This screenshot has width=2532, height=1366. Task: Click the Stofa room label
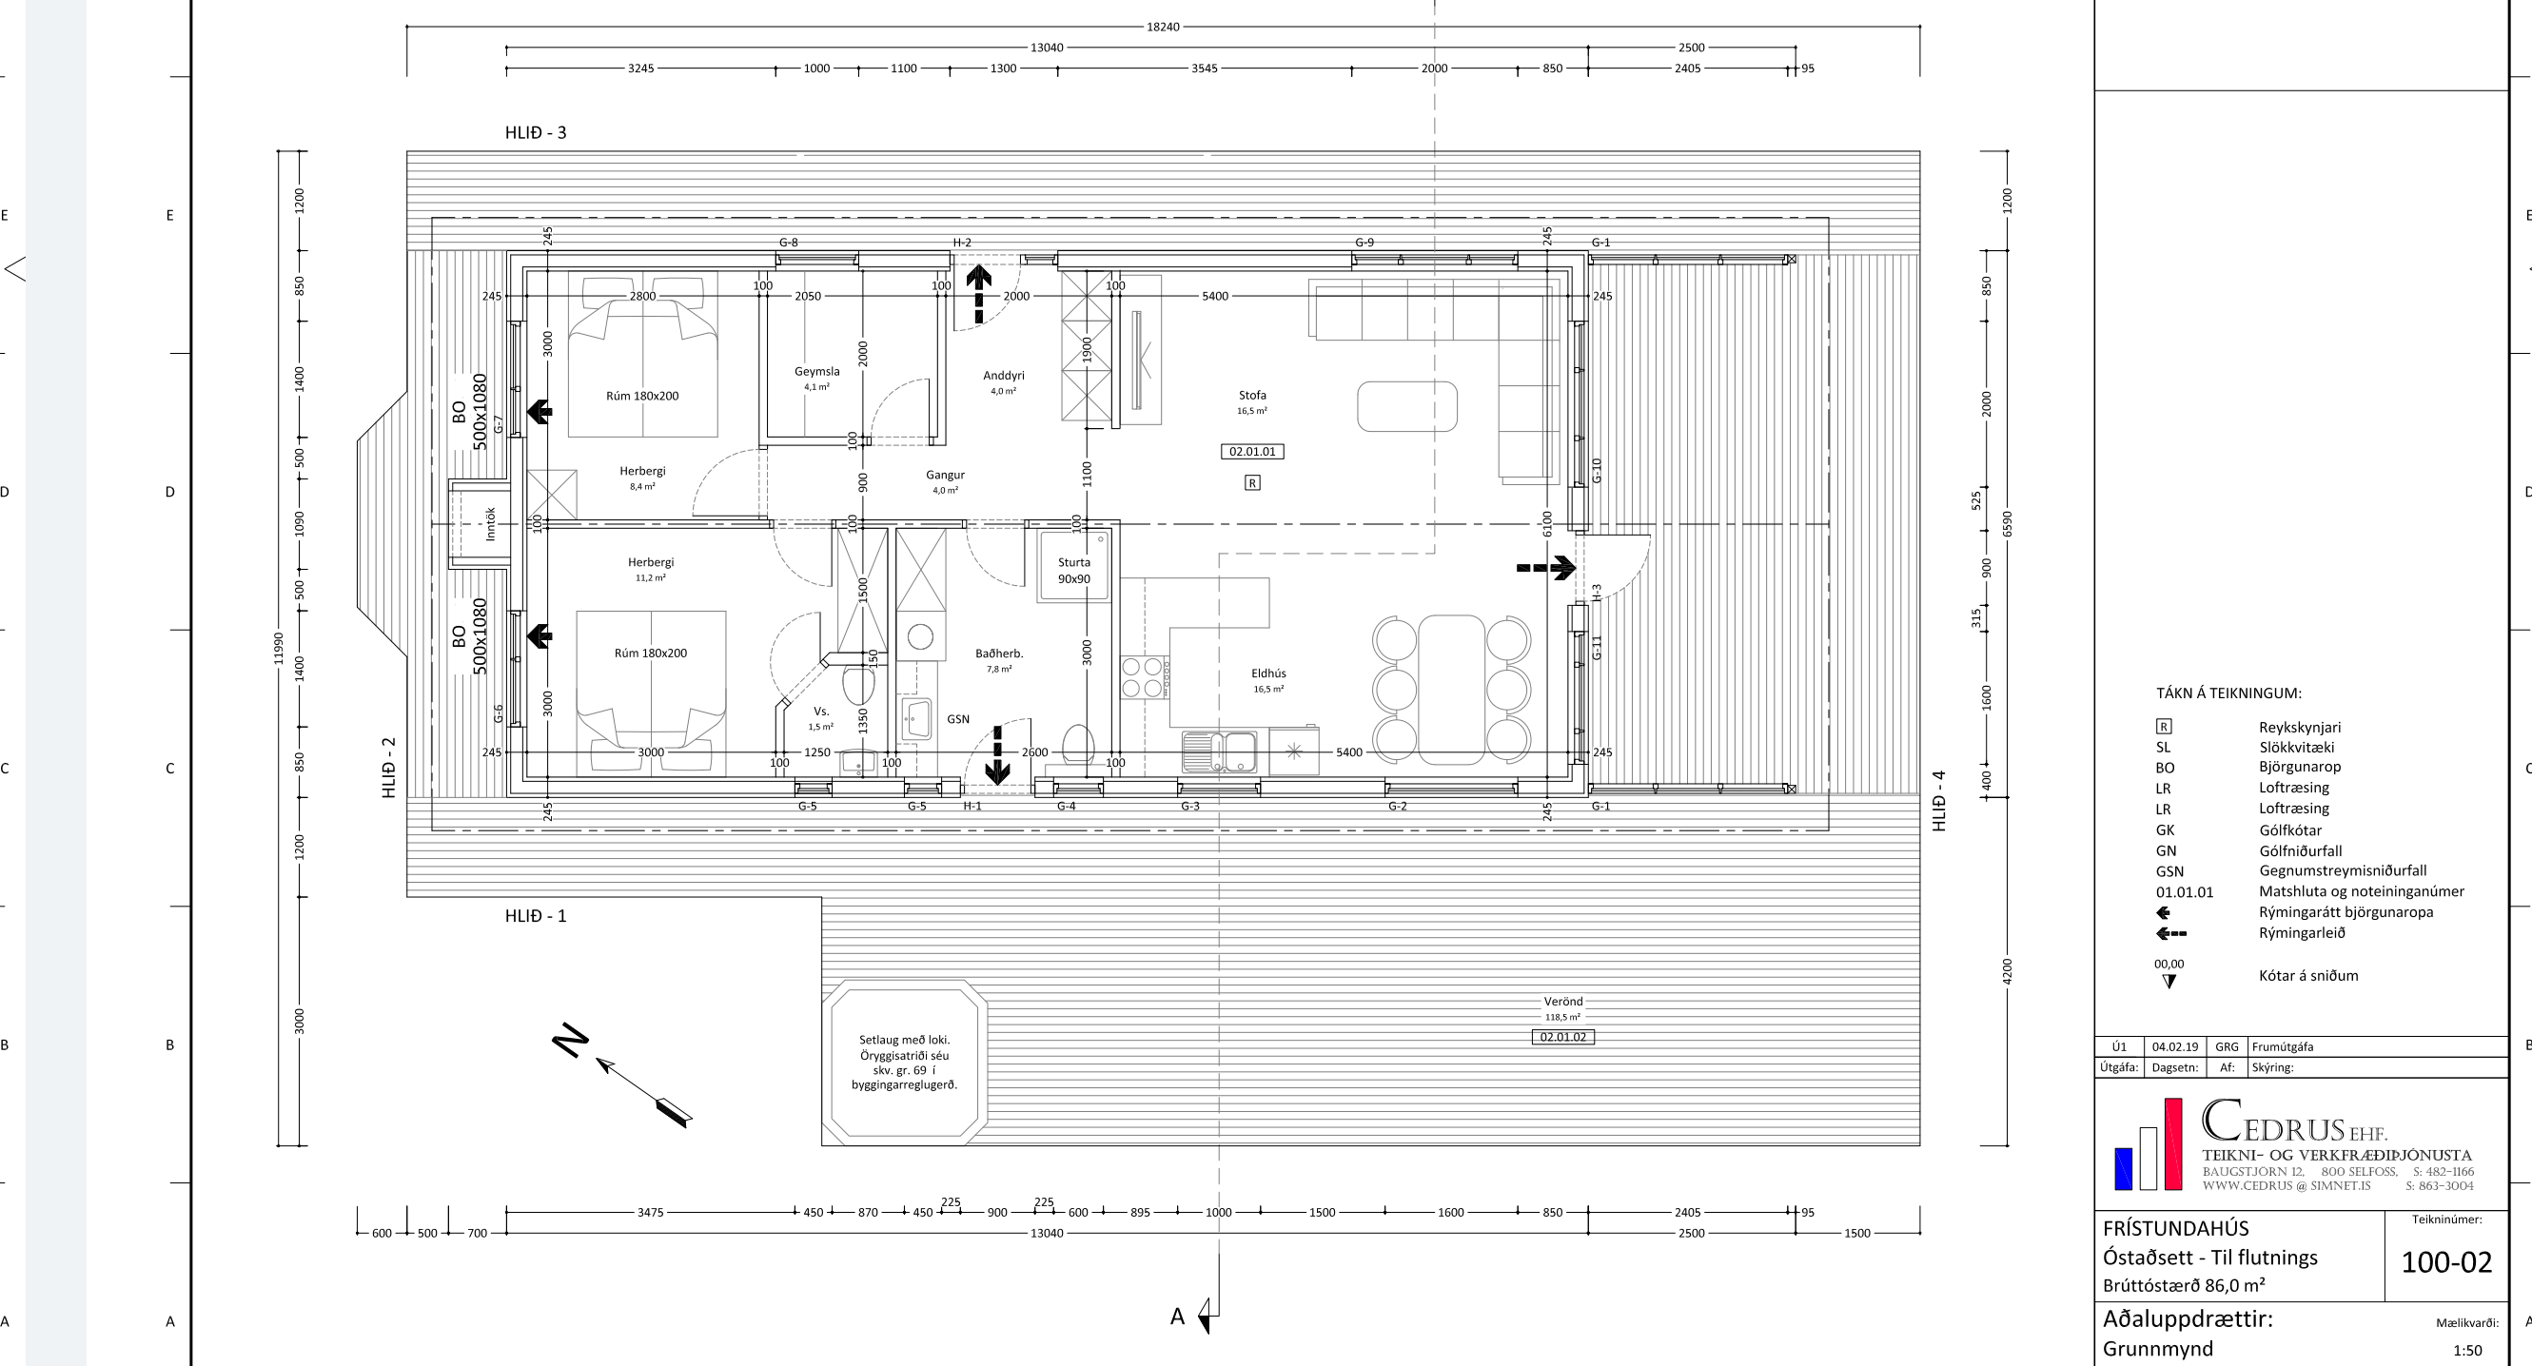1252,395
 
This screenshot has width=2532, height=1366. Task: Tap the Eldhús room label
1268,673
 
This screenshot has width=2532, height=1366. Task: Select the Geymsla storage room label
816,372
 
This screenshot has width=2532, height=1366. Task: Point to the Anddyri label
1004,376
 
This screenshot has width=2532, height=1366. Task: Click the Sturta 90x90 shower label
1073,571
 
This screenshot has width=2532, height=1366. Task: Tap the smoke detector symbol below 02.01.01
1252,482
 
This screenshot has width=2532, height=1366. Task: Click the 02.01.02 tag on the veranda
1562,1037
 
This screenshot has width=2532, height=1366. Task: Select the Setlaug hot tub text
904,1063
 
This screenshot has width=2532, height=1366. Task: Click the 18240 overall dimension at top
1163,27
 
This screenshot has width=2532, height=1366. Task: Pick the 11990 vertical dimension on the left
278,648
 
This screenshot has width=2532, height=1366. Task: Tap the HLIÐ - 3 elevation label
536,132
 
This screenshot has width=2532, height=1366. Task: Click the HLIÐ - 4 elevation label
1939,801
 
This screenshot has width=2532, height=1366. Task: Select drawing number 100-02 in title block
2446,1261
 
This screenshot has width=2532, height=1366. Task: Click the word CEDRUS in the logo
2273,1122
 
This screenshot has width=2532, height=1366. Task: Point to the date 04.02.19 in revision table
2175,1046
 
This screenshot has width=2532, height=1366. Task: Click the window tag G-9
1364,243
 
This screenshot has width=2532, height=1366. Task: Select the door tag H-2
961,243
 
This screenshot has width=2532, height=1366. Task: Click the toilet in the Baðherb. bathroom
1078,744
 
